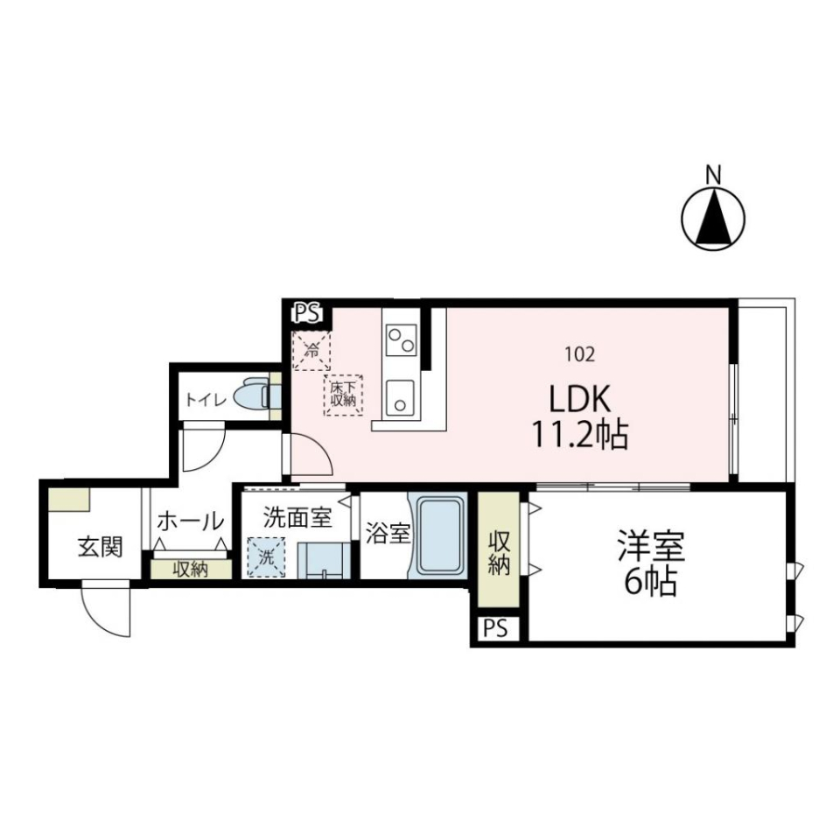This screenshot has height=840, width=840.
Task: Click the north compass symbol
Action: pos(713,217)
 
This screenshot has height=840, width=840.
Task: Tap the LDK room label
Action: pos(579,400)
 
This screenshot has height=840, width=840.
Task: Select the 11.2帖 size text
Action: pos(579,434)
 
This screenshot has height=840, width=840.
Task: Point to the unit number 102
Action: pos(581,354)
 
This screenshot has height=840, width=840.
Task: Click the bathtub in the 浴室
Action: pos(438,536)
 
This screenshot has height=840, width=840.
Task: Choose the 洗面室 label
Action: pos(297,518)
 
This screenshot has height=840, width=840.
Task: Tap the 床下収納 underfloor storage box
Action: pos(342,395)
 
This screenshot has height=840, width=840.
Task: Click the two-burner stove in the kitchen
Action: pos(402,339)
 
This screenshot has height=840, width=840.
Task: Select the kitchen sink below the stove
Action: pos(402,398)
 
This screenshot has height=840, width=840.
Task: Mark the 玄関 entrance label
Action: pos(100,547)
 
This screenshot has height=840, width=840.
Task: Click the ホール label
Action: pos(189,521)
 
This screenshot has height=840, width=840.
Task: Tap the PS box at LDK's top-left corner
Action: pos(307,311)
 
